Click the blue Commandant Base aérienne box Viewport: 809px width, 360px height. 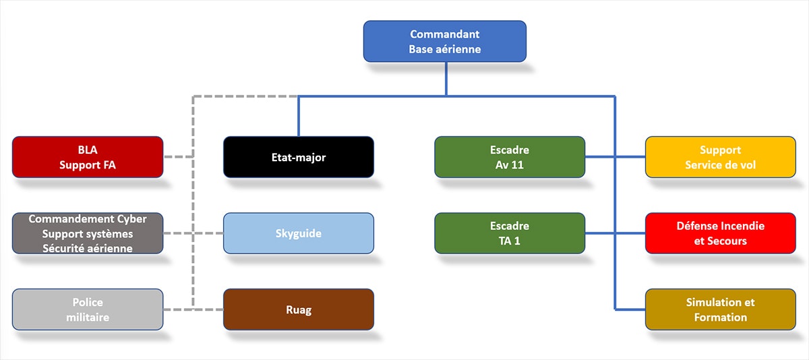[444, 42]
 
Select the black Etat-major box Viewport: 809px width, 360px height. [298, 157]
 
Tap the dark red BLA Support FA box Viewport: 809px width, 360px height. [88, 157]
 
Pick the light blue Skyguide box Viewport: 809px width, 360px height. [298, 233]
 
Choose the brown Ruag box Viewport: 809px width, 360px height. [298, 309]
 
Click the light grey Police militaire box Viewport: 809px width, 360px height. [88, 309]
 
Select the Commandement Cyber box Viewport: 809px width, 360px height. [88, 233]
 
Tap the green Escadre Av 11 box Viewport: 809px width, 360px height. [509, 157]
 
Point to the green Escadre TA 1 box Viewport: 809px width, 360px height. [509, 233]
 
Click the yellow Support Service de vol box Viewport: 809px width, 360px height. [720, 157]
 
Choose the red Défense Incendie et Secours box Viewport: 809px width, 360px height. [720, 233]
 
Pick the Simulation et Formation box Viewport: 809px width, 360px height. [720, 309]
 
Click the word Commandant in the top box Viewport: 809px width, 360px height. [444, 34]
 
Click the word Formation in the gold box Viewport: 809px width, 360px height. [720, 317]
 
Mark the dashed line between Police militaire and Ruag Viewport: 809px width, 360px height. [193, 309]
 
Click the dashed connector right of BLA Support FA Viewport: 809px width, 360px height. [179, 157]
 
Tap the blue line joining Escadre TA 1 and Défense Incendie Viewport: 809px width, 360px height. [614, 233]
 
